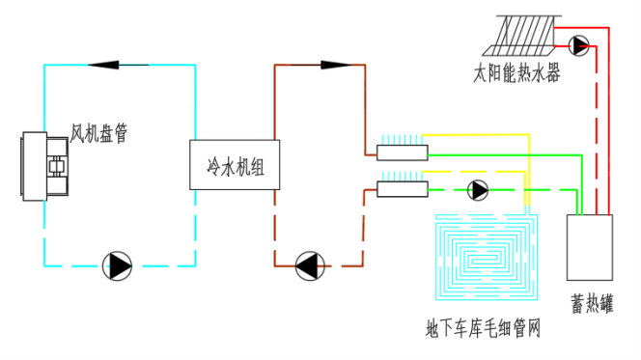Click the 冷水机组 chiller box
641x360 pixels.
[235, 165]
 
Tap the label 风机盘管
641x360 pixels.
[98, 133]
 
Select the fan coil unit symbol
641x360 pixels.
[45, 166]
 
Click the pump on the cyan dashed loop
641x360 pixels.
[117, 266]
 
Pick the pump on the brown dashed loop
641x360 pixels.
[310, 266]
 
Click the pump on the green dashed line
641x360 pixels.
[478, 190]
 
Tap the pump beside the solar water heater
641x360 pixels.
[578, 45]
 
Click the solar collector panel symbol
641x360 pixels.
[521, 36]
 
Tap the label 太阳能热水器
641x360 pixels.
[516, 73]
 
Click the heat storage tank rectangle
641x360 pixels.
[590, 248]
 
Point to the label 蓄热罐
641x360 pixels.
[592, 304]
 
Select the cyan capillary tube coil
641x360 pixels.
[487, 258]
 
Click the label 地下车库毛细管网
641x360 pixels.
[483, 328]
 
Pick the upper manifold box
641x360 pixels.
[403, 152]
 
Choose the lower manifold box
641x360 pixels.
[403, 189]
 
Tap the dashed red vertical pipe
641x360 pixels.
[596, 130]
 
